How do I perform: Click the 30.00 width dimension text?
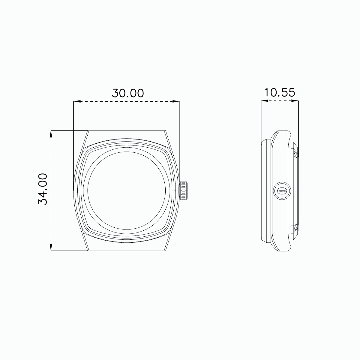point(128,93)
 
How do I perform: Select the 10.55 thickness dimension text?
point(280,92)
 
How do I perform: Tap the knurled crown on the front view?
point(184,190)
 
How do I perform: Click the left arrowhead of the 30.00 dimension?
point(76,102)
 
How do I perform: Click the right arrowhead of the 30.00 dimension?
point(177,102)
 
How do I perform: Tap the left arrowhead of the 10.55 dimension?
point(263,101)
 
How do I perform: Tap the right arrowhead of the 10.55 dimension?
point(297,101)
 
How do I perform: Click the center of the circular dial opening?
point(127,191)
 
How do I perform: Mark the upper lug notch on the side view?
point(295,154)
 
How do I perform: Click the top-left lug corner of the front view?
point(88,131)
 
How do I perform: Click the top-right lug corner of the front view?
point(165,131)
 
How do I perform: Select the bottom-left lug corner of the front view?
point(88,250)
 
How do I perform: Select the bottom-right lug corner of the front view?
point(165,250)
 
